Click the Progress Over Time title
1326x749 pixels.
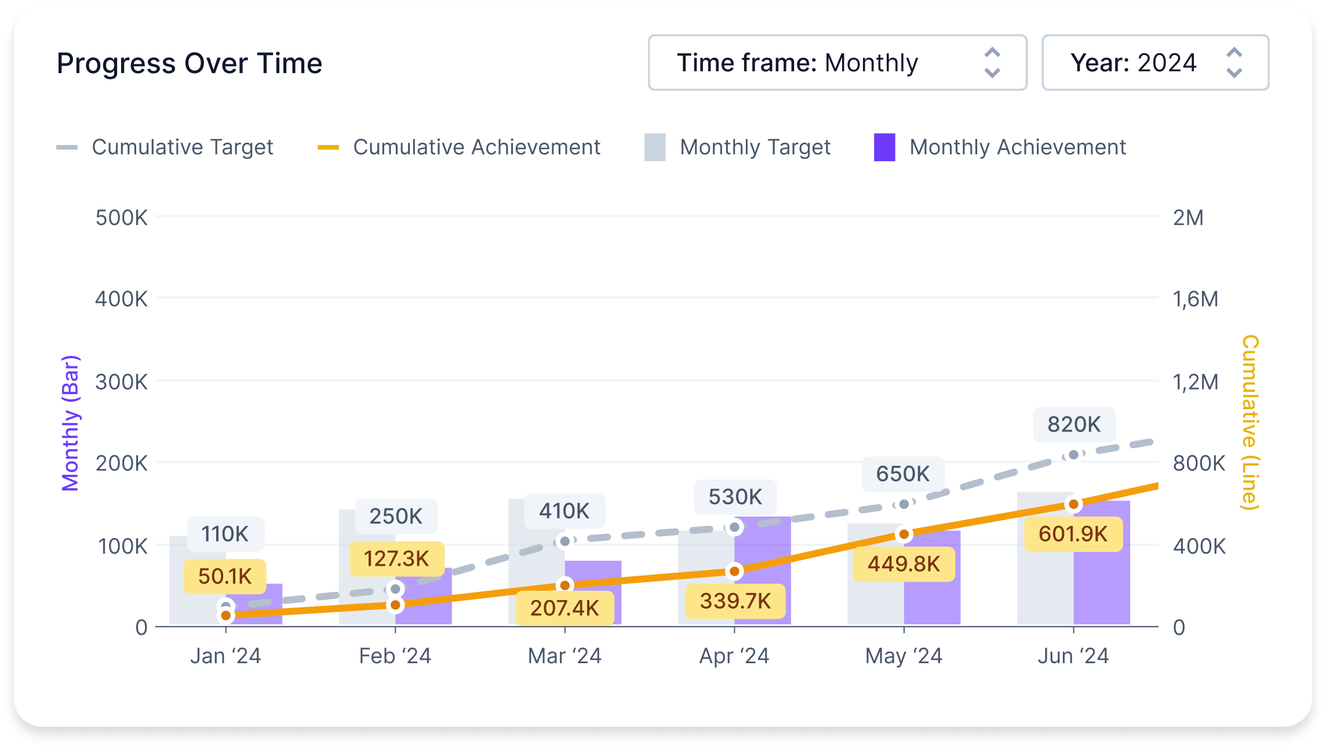pyautogui.click(x=189, y=63)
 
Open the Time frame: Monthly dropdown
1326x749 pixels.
pyautogui.click(x=837, y=63)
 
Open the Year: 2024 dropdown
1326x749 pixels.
pyautogui.click(x=1154, y=63)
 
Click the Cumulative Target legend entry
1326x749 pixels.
pyautogui.click(x=165, y=147)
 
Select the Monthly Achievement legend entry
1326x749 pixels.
pyautogui.click(x=1000, y=147)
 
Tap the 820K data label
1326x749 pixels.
pyautogui.click(x=1073, y=424)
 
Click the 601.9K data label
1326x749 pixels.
pyautogui.click(x=1073, y=534)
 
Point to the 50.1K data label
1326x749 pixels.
pyautogui.click(x=225, y=576)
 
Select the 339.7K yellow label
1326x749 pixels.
pyautogui.click(x=735, y=601)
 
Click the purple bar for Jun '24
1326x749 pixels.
pyautogui.click(x=1102, y=580)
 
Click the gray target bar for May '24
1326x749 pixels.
pyautogui.click(x=875, y=580)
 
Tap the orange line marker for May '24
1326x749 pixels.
pyautogui.click(x=904, y=534)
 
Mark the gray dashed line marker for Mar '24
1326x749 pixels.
pyautogui.click(x=564, y=541)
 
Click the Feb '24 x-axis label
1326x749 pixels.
pyautogui.click(x=395, y=656)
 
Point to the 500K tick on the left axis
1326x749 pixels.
pyautogui.click(x=121, y=218)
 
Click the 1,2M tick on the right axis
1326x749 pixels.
pyautogui.click(x=1195, y=382)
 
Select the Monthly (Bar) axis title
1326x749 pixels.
pyautogui.click(x=70, y=423)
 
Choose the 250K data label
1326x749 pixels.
pyautogui.click(x=396, y=516)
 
